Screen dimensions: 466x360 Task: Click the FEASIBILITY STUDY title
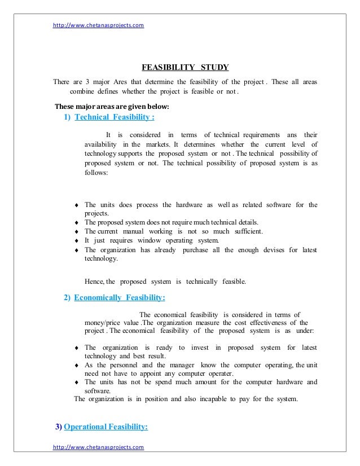[185, 68]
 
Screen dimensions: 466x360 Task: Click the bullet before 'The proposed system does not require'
[76, 223]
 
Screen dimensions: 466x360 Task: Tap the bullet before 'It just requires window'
[76, 241]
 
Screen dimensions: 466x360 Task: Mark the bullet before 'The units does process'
[76, 205]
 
